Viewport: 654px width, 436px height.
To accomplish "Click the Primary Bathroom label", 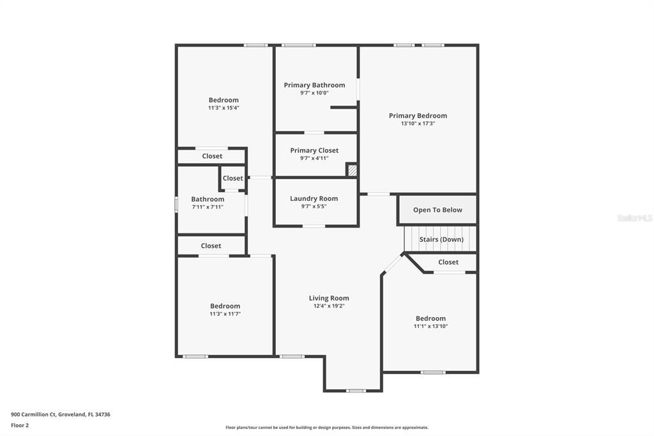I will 314,85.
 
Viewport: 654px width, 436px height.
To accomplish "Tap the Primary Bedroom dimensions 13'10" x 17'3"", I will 418,123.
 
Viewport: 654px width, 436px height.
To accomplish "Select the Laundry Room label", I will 314,199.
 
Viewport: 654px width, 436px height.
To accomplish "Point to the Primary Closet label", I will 314,151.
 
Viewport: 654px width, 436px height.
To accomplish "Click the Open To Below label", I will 437,210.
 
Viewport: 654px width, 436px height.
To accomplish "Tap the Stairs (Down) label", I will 441,240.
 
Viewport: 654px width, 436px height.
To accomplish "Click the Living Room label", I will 329,298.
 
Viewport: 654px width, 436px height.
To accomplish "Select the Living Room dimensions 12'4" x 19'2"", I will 329,306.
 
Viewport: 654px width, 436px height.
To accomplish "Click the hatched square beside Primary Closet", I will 352,171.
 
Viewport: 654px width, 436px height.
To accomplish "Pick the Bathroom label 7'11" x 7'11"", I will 208,199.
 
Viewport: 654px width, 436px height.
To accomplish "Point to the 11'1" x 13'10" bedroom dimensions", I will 430,327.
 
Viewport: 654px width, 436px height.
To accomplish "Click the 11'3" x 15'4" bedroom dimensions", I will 224,108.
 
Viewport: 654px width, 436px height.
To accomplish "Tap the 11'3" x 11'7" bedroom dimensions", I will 225,314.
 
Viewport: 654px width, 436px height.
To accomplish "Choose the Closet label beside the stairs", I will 448,262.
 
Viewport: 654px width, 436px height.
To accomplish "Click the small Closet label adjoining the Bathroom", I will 233,178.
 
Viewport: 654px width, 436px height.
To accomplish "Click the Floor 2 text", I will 20,425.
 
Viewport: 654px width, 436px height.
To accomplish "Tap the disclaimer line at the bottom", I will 326,428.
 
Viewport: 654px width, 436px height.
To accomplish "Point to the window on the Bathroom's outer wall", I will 177,204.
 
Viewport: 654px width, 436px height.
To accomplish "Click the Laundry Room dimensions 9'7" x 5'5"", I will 314,206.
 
